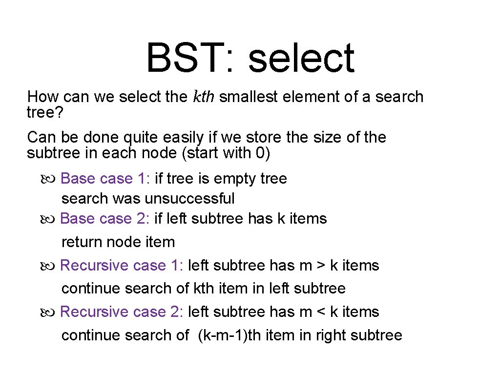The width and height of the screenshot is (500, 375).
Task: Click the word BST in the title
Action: tap(182, 58)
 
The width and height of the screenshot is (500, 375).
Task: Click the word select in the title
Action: tap(301, 58)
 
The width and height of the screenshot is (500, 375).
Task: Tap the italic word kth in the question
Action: tap(203, 97)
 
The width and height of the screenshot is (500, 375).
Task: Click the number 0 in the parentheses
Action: tap(260, 153)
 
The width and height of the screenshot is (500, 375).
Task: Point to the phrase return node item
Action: tap(118, 242)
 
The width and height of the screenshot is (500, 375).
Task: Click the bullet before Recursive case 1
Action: tap(49, 266)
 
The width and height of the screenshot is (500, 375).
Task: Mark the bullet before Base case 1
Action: tap(49, 179)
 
